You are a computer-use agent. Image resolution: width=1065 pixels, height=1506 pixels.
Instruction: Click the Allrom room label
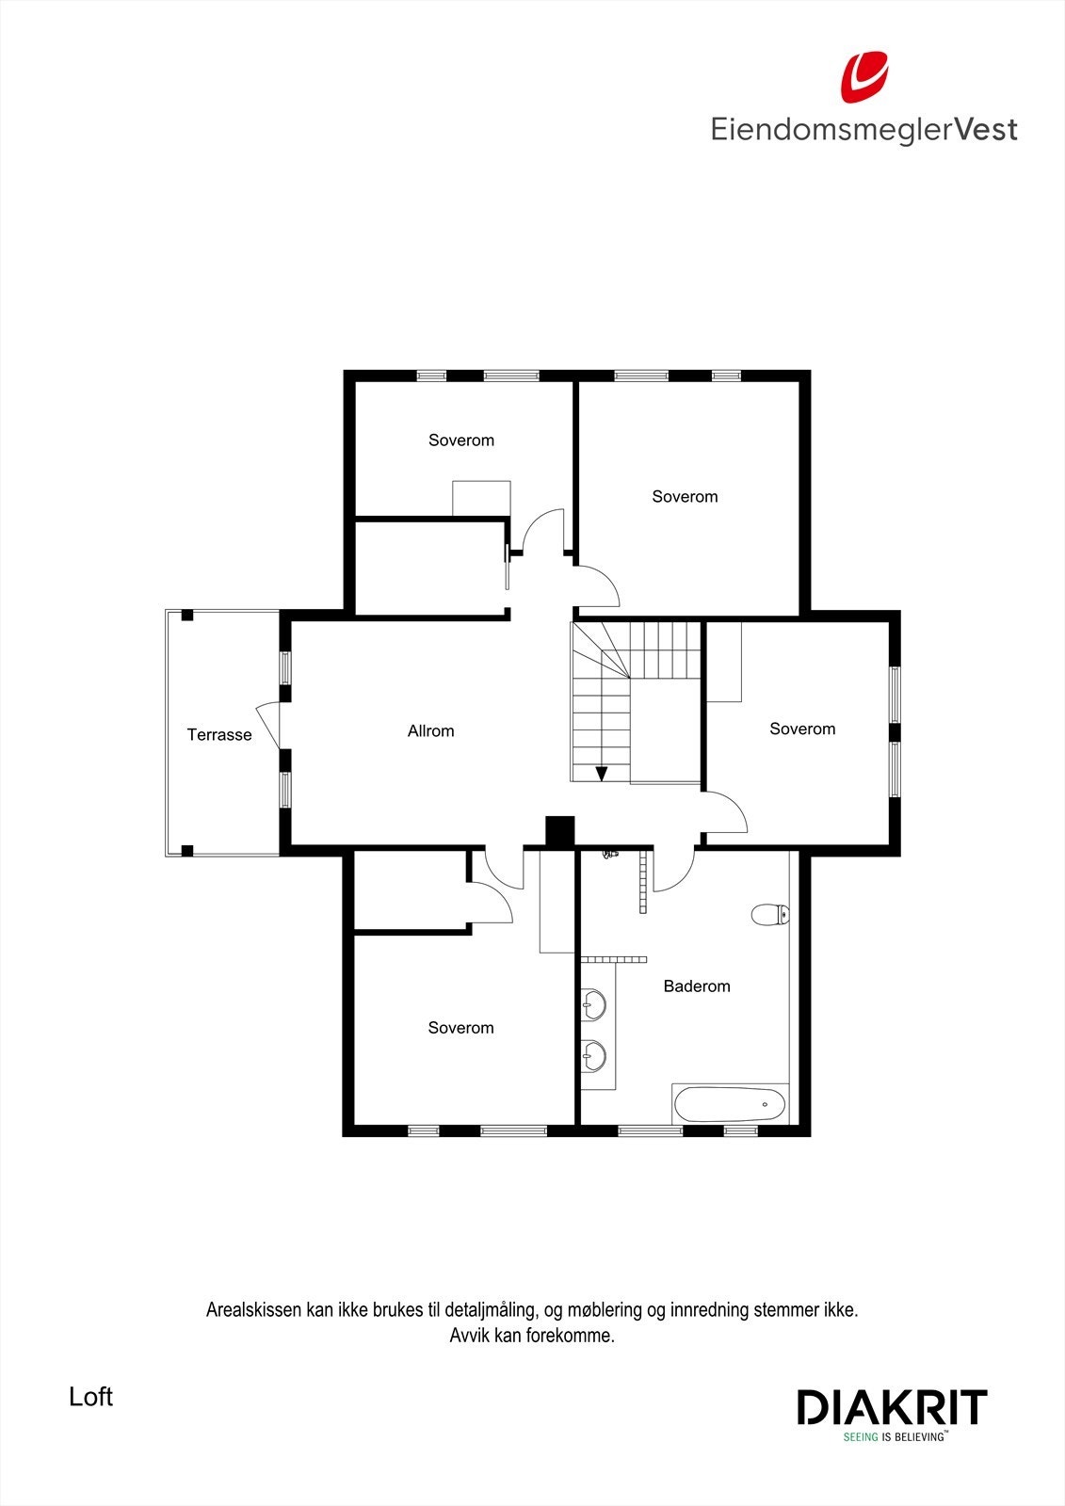tap(430, 730)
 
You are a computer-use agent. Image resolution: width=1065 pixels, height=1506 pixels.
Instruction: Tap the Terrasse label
tap(219, 735)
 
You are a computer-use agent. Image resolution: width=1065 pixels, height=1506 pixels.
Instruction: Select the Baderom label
tap(697, 986)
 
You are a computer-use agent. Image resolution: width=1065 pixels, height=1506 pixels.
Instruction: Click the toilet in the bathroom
tap(770, 914)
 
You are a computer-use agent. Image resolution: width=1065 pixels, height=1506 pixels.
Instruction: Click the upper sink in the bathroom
tap(592, 1004)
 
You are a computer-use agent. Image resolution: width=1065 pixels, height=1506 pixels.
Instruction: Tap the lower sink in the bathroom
tap(592, 1055)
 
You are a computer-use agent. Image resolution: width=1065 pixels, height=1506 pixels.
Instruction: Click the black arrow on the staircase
tap(601, 774)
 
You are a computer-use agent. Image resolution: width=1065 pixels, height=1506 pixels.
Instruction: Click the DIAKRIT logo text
tap(892, 1408)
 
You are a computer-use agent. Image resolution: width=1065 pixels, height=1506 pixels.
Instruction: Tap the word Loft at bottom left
tap(90, 1397)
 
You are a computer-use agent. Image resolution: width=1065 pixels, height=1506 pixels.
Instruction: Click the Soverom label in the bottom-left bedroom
tap(460, 1028)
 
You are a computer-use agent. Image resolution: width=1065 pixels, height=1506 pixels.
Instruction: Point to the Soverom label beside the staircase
tap(802, 729)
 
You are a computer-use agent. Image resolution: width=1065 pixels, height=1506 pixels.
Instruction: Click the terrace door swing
tap(267, 725)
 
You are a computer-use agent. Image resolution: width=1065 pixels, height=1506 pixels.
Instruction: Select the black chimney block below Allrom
tap(560, 831)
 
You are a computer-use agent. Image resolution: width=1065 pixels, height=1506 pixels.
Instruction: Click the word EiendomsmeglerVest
tap(863, 129)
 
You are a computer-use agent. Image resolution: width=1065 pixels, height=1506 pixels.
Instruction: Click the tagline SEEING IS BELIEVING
tap(894, 1437)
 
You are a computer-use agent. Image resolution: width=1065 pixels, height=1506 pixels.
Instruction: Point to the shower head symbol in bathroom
tap(609, 854)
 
